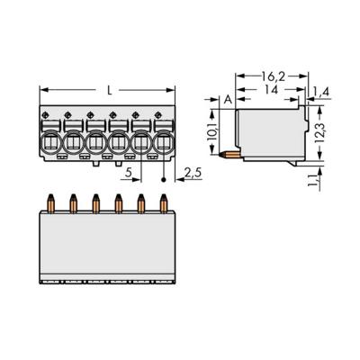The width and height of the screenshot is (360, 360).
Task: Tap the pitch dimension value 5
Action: coord(131,170)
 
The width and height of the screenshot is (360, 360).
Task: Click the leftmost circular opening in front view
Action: coord(51,140)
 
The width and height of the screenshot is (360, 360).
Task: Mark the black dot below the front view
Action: coord(163,179)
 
